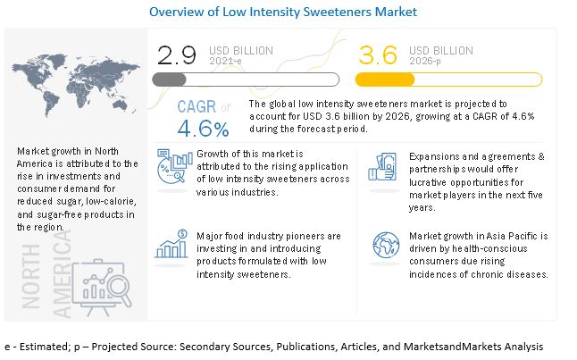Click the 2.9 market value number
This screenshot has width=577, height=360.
177,57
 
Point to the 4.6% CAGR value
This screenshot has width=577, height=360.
203,129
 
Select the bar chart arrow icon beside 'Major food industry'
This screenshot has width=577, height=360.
170,243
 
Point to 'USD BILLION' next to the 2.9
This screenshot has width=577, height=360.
240,50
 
